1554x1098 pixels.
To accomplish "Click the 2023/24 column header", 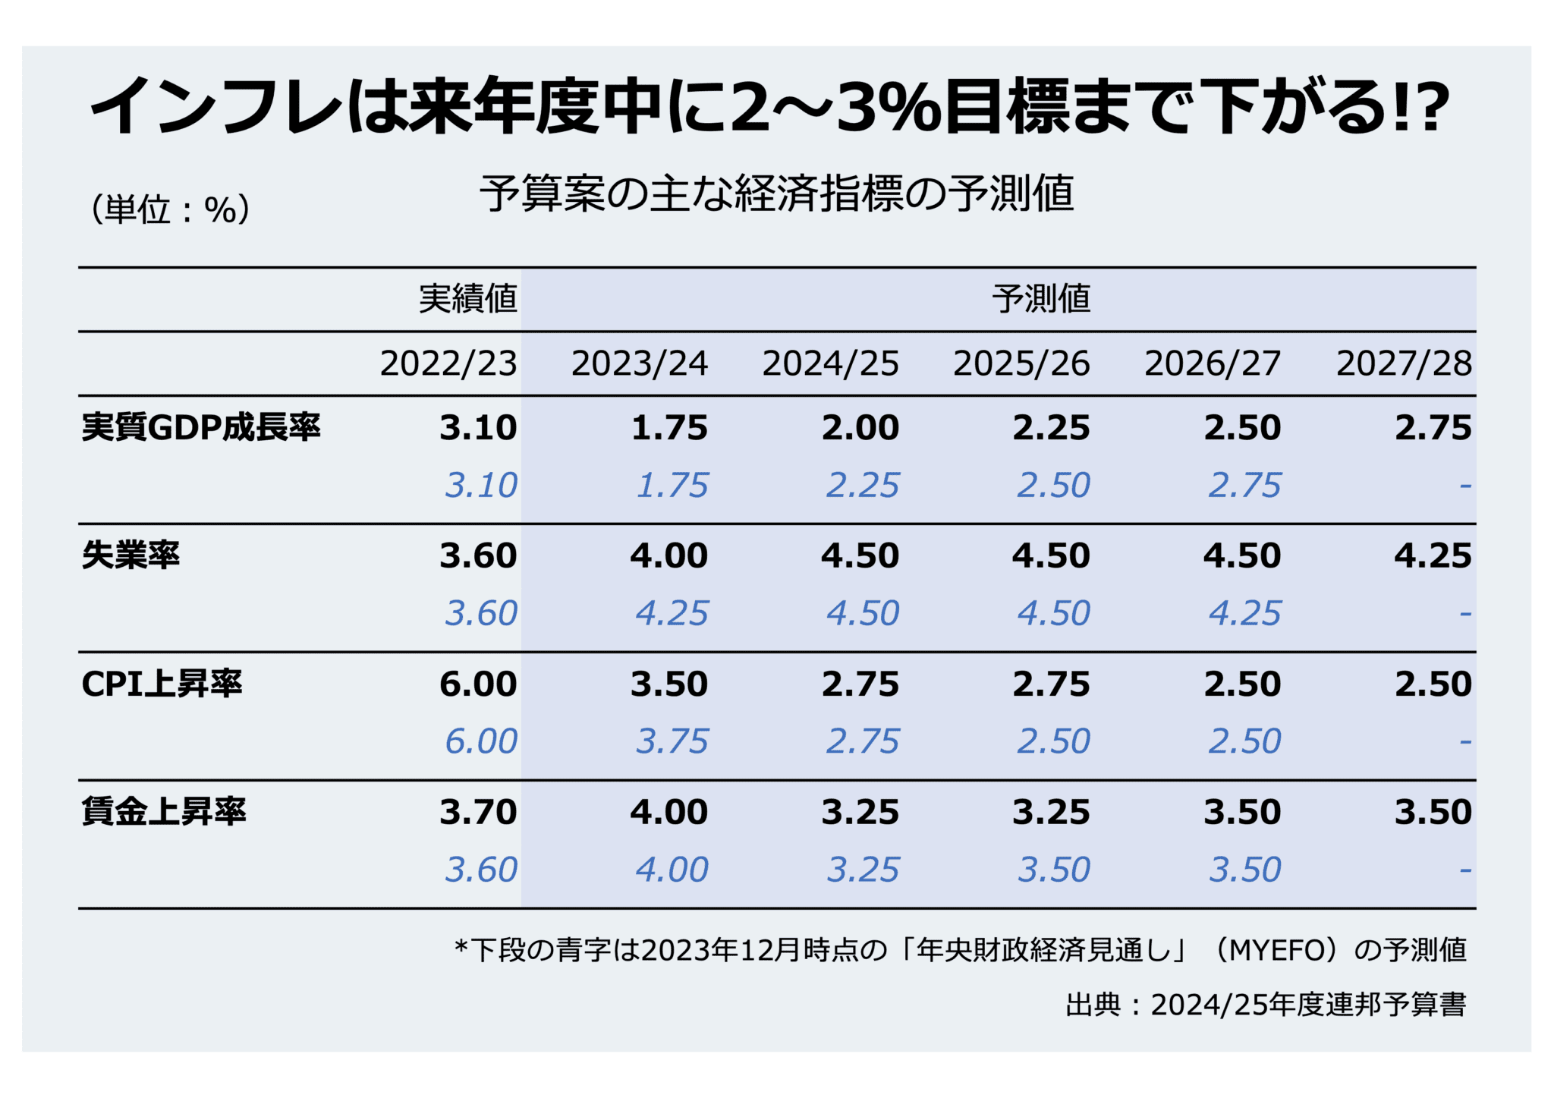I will [639, 363].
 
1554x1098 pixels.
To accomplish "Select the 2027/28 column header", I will [1404, 363].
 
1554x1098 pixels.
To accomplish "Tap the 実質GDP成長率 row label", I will [201, 428].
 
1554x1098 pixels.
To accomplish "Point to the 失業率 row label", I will [131, 555].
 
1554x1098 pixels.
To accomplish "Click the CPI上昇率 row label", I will [162, 684].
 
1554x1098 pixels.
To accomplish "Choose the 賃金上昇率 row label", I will [164, 812].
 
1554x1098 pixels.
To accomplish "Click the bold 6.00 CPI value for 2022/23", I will [478, 684].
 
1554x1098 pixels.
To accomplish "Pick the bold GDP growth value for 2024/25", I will [860, 428].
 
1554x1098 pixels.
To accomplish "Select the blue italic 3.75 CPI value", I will [672, 741].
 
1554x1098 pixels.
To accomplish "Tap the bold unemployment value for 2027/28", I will [1433, 555].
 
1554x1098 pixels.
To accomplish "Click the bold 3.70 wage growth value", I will [478, 812].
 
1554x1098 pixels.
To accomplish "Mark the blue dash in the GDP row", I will [1465, 486].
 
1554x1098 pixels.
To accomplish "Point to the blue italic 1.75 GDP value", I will [672, 486].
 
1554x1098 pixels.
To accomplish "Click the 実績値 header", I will [467, 299].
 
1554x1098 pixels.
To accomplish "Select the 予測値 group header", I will [1040, 299].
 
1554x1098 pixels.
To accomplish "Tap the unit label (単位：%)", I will [170, 209].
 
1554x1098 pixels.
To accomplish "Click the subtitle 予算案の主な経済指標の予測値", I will [776, 193].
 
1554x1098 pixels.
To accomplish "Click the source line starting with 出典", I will [1265, 1005].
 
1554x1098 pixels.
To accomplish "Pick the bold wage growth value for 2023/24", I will [668, 812].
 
